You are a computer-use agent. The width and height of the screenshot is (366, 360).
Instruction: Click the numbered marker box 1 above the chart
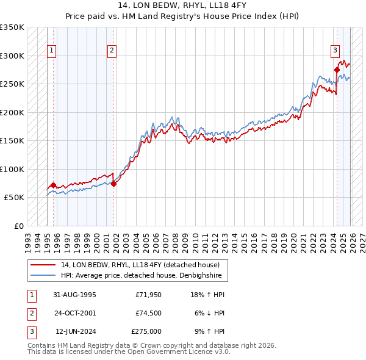52,51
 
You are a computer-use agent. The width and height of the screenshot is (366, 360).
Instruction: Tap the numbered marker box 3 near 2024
335,51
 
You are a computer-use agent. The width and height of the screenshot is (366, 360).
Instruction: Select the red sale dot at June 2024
337,70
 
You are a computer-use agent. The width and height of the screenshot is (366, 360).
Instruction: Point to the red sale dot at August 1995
53,185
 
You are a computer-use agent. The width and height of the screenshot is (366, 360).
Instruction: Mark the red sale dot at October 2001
114,184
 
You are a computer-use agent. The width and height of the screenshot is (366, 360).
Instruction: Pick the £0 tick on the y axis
18,226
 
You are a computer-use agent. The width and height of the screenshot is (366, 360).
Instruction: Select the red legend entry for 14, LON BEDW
144,265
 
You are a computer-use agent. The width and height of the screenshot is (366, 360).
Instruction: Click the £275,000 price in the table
146,331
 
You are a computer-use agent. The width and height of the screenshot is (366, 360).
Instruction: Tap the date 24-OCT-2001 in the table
75,313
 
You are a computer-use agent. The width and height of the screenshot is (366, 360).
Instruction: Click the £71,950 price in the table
148,295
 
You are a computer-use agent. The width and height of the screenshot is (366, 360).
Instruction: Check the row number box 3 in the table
31,331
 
